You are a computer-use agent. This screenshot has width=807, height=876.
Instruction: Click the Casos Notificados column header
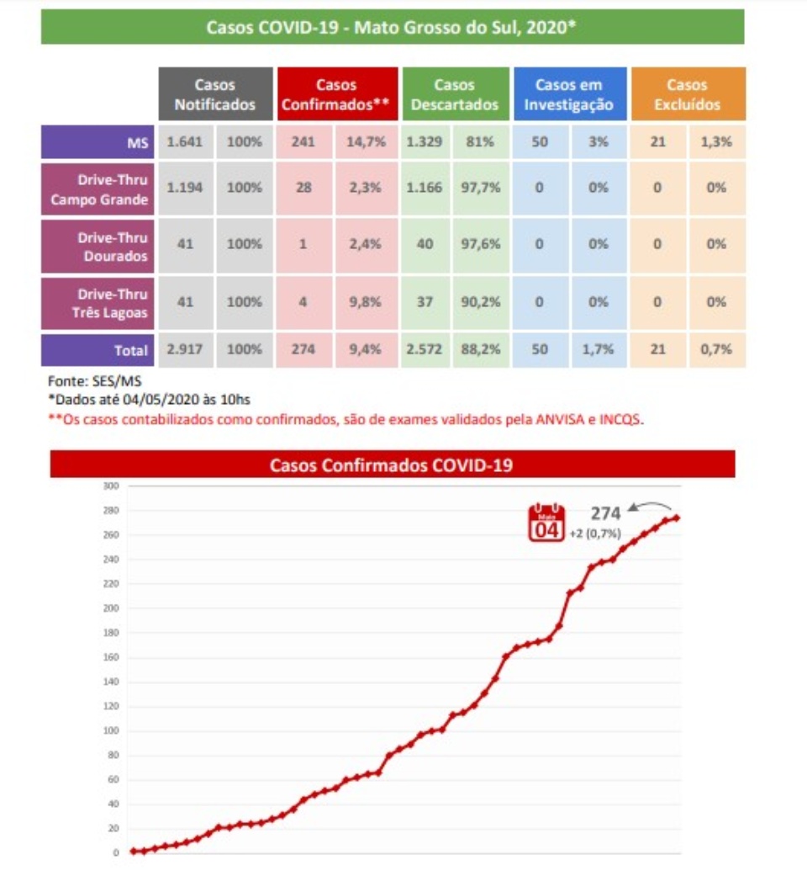[215, 95]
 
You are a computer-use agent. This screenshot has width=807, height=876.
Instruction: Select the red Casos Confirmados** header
[336, 95]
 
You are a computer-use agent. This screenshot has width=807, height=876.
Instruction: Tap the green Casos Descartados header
[455, 95]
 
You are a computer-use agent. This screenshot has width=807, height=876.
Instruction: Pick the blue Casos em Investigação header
[569, 95]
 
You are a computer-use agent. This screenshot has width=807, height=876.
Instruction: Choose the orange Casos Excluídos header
[687, 95]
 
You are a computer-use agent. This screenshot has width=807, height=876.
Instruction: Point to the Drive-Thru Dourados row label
[100, 246]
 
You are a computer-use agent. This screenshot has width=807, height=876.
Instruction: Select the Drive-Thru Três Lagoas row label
[100, 303]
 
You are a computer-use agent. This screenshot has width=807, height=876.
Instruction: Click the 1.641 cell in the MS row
[185, 142]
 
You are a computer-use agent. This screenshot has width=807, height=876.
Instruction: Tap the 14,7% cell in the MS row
[366, 142]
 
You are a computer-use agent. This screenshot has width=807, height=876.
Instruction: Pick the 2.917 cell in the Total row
[184, 350]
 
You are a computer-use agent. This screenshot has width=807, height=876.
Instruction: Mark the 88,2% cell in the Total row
[481, 350]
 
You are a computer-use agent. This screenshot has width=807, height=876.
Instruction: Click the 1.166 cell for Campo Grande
[425, 188]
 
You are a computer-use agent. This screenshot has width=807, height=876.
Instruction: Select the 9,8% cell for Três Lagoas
[366, 301]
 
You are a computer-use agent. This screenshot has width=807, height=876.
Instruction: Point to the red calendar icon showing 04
[546, 523]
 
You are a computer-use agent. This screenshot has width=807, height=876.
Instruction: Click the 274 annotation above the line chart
[605, 513]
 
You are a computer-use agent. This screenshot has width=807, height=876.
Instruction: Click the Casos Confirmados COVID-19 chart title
[392, 465]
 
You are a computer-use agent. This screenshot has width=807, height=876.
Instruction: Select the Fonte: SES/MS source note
[82, 381]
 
